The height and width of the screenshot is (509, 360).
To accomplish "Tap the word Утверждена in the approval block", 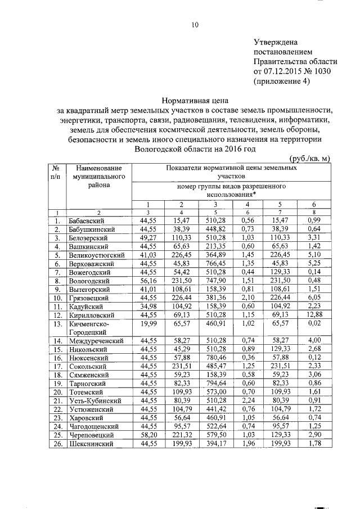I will (x=276, y=42).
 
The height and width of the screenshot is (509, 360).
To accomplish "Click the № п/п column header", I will (x=56, y=173).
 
